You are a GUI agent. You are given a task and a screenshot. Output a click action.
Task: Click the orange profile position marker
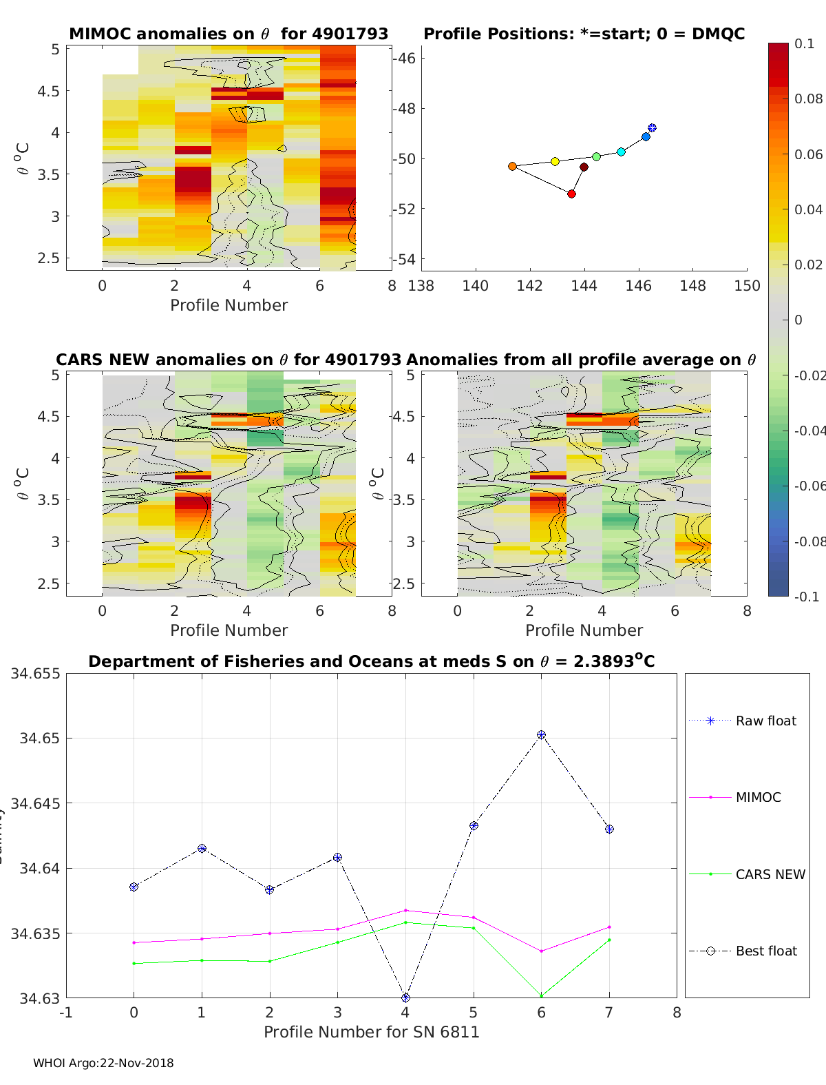point(512,167)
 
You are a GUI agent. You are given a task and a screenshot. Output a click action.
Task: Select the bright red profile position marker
point(571,194)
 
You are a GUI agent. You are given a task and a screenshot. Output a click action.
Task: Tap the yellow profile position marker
point(555,161)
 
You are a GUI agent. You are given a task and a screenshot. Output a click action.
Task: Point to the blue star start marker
point(652,128)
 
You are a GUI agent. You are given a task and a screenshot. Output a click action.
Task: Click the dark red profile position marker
point(584,167)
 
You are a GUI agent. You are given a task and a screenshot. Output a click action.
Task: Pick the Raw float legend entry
point(765,721)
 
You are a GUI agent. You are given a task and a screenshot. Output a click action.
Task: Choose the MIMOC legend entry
point(758,797)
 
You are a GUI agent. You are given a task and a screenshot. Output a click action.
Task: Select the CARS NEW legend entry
point(770,874)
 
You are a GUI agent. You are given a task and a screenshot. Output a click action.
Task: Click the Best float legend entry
point(765,951)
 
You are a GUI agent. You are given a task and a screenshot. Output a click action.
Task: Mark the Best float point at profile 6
point(542,735)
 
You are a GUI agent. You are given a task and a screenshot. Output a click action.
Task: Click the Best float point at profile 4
point(405,998)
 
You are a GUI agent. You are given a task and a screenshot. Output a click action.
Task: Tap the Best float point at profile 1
point(202,849)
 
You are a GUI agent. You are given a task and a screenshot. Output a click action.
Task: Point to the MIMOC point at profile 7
point(609,927)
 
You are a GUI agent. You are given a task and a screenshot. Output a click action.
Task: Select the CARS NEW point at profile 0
point(134,963)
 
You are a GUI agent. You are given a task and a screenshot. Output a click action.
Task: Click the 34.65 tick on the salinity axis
point(39,738)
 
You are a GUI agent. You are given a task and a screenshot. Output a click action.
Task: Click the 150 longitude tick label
point(747,286)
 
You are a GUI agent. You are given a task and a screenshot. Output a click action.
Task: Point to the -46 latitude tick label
point(405,58)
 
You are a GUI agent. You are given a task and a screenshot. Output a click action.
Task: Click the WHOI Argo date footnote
point(103,1063)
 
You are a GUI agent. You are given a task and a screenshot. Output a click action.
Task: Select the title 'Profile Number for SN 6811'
point(371,1032)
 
